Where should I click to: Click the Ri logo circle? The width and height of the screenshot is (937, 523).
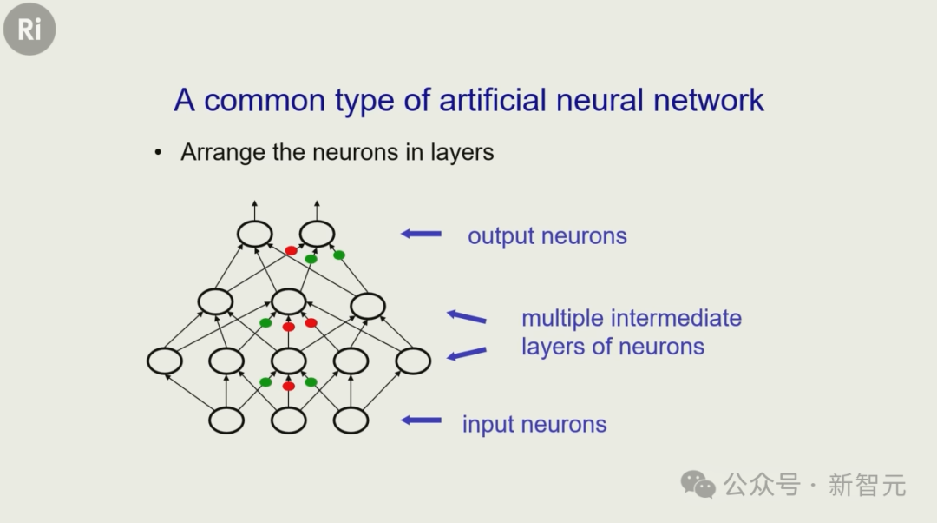(x=29, y=29)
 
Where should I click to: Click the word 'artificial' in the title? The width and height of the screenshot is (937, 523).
(x=493, y=99)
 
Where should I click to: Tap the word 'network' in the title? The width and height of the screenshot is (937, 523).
(x=709, y=99)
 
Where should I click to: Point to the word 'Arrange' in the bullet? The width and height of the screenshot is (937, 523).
(x=223, y=153)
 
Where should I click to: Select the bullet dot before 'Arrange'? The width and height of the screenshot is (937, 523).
(x=158, y=153)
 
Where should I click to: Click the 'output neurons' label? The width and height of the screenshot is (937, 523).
(x=547, y=235)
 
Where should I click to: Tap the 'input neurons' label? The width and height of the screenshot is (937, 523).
(x=534, y=424)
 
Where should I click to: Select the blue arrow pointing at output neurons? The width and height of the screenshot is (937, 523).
(x=422, y=234)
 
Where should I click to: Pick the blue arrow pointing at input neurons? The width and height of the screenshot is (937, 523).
(x=422, y=420)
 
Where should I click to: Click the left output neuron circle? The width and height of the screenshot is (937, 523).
(x=254, y=234)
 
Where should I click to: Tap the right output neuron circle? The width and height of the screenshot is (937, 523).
(x=317, y=234)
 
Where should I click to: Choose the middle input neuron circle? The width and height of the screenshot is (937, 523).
(x=289, y=420)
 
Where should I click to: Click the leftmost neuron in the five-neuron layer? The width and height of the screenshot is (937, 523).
(x=164, y=361)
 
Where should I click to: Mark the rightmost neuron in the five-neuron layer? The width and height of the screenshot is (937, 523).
(x=413, y=361)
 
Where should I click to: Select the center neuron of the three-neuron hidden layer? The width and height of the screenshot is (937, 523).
(x=289, y=301)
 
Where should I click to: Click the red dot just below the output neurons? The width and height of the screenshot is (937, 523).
(x=291, y=250)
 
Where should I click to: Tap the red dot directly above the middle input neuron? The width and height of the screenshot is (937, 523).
(x=289, y=386)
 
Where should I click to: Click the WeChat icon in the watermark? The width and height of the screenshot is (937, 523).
(x=698, y=484)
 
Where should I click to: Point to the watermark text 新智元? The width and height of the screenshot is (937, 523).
(x=867, y=485)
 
